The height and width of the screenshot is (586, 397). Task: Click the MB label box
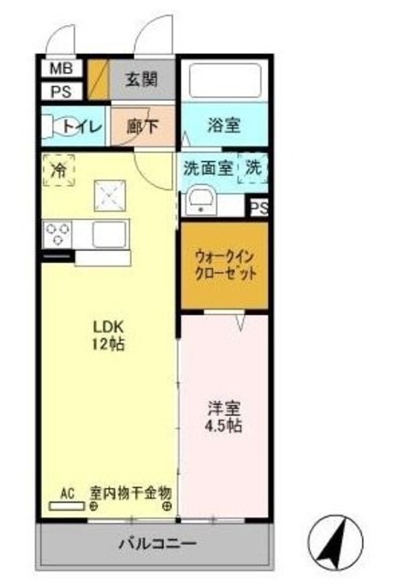click(59, 69)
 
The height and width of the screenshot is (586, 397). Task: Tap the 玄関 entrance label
click(142, 80)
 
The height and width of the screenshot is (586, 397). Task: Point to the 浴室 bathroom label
click(223, 125)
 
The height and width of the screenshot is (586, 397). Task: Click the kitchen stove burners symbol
click(58, 234)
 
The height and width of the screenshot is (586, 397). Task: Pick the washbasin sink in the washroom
click(202, 201)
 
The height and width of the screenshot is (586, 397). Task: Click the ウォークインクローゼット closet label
click(225, 266)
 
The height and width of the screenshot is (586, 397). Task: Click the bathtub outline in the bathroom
click(223, 83)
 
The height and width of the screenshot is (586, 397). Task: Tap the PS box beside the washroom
click(259, 208)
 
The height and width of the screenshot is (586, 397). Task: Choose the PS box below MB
click(59, 91)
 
